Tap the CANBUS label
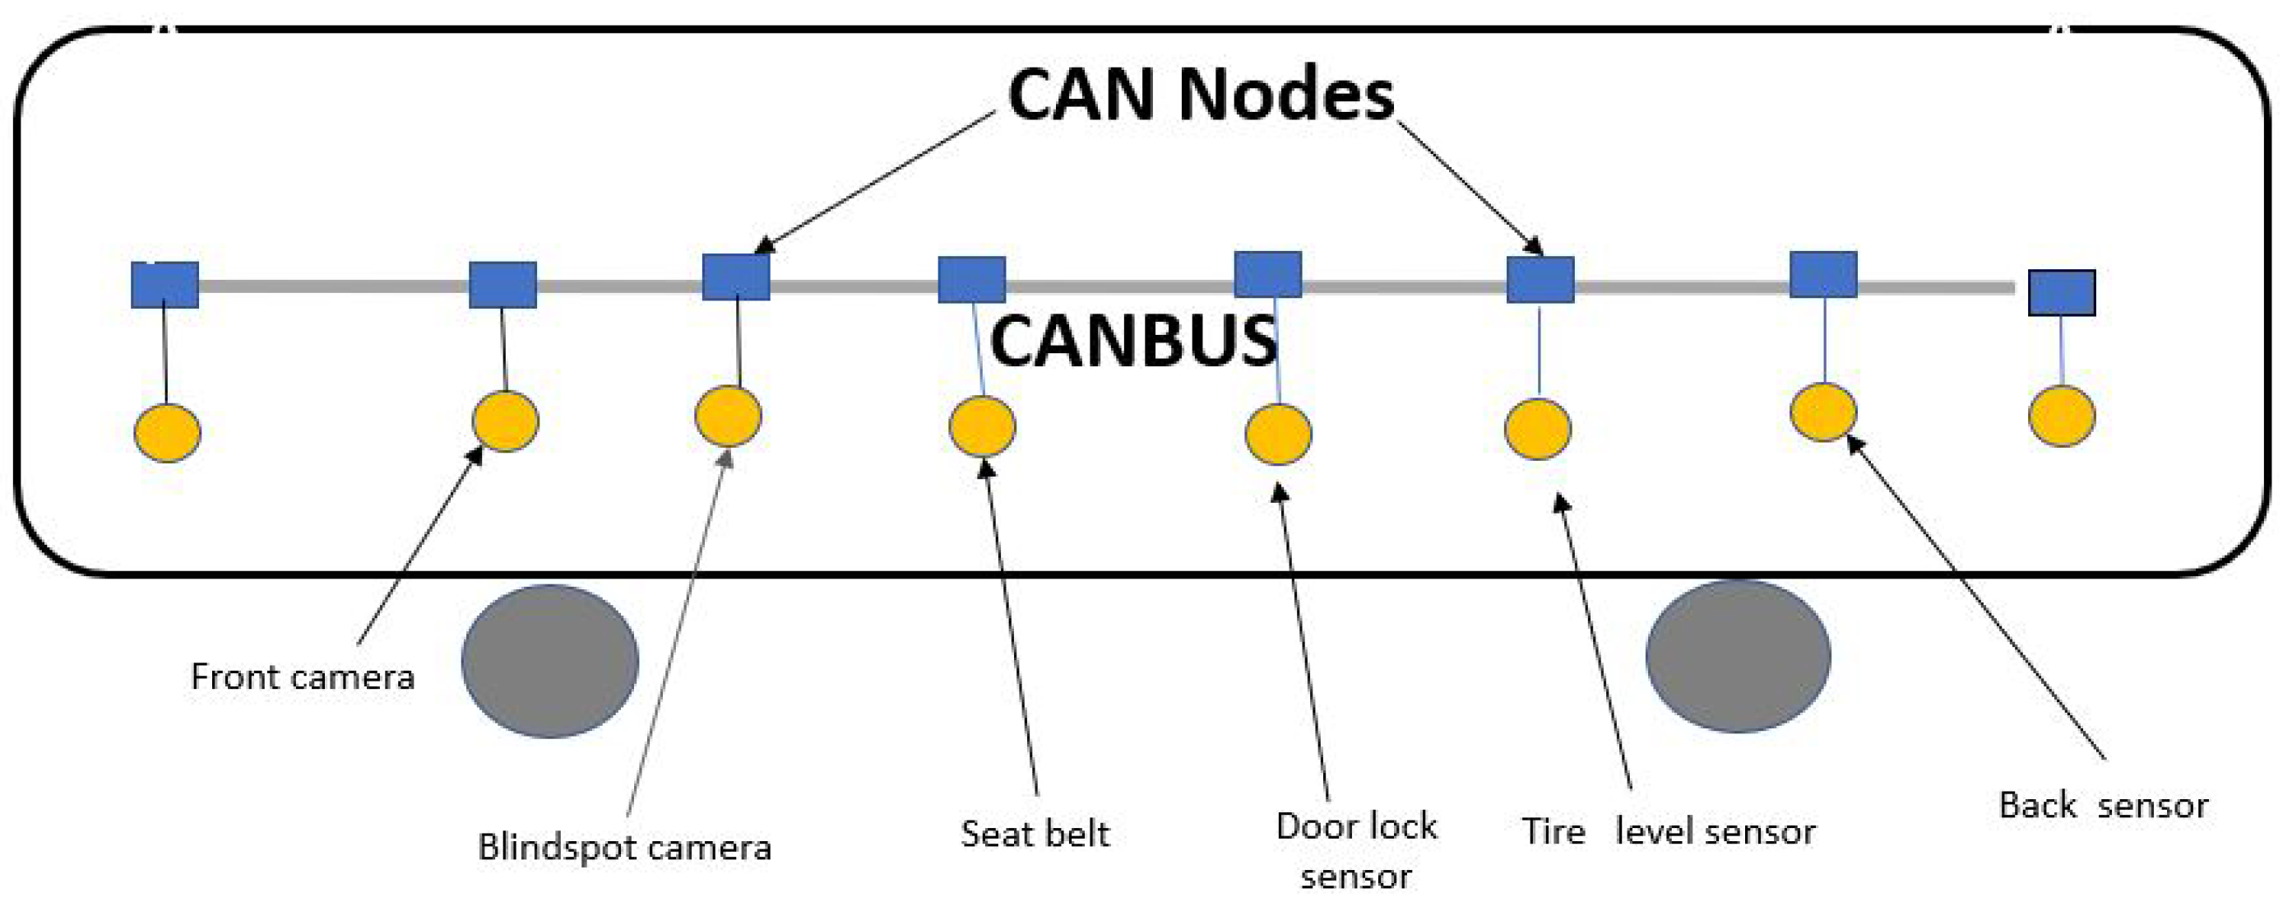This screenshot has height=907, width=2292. [1132, 341]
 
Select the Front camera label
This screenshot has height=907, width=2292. [303, 677]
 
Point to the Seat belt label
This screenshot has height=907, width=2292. [1035, 834]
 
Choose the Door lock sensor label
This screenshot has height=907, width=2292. [1355, 851]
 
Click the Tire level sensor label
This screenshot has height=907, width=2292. [1669, 831]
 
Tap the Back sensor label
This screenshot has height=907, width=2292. [2103, 806]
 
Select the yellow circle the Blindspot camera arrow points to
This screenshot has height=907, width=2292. [728, 416]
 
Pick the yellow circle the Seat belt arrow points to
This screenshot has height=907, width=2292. [982, 427]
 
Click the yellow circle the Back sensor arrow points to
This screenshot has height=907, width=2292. [1823, 412]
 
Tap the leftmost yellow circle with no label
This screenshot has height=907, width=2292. [167, 433]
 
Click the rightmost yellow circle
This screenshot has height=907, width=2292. [2062, 416]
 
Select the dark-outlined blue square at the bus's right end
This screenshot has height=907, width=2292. [2062, 293]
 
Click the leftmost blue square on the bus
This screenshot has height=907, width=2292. [164, 285]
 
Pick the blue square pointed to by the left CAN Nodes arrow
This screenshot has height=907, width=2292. [736, 277]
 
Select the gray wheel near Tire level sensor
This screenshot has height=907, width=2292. [1738, 657]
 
